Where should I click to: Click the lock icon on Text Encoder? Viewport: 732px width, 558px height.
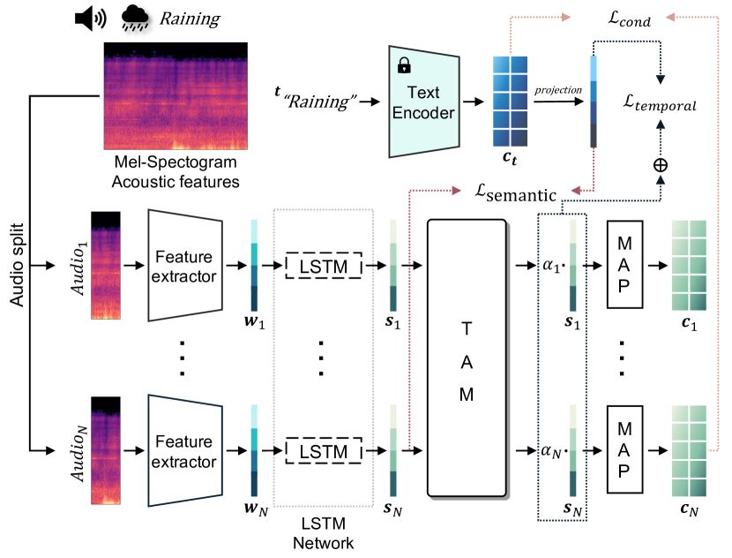[x=405, y=65]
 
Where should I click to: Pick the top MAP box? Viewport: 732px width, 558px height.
[x=624, y=264]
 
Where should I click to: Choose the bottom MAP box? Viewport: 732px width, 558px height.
[x=624, y=450]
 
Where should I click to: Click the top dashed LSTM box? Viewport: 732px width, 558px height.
[x=324, y=265]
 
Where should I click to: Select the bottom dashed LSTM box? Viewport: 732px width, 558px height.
[x=324, y=451]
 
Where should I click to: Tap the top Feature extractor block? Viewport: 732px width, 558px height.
[x=185, y=265]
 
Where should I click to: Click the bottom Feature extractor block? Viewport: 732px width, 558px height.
[x=185, y=451]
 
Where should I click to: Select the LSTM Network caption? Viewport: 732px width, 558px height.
[x=324, y=534]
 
